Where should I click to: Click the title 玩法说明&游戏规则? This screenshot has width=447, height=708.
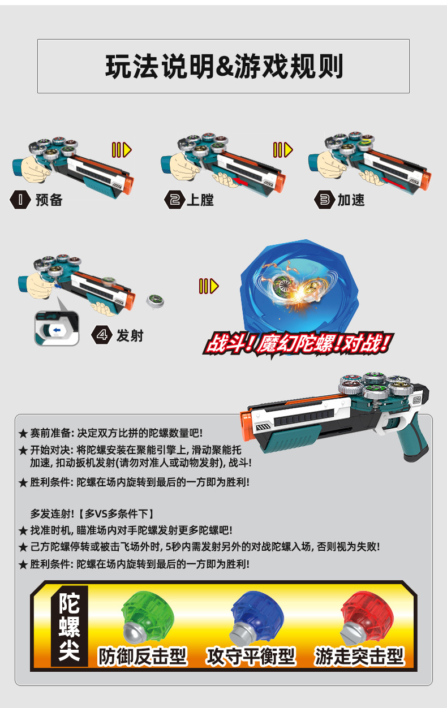tap(223, 67)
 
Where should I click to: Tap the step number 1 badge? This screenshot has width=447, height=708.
tap(20, 200)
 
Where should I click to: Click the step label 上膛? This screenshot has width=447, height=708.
tap(200, 200)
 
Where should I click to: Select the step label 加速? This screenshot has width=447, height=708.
tap(351, 200)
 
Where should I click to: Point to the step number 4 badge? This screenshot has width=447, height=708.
tap(102, 335)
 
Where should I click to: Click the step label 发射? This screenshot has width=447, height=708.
tap(130, 335)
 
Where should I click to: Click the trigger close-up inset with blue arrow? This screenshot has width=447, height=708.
tap(57, 329)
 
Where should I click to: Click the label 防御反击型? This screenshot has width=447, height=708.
tap(143, 656)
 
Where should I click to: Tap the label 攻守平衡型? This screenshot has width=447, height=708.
tap(251, 656)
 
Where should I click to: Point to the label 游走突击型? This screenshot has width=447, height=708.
tap(360, 656)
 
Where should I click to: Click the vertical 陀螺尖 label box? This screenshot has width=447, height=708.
tap(70, 628)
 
